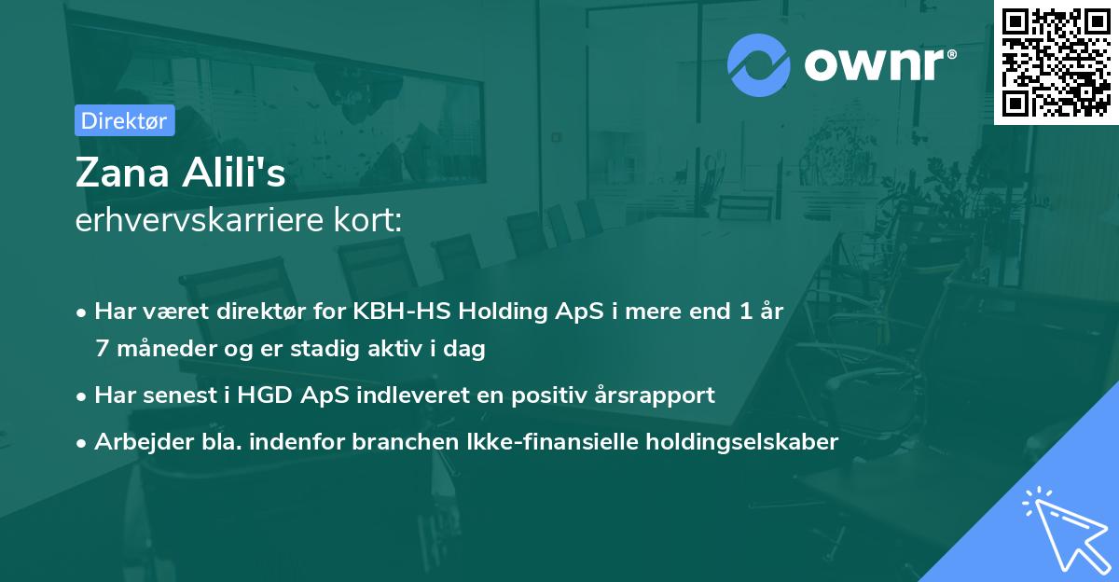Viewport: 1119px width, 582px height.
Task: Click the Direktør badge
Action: [124, 120]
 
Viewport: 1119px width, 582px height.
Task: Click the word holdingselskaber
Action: [733, 441]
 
